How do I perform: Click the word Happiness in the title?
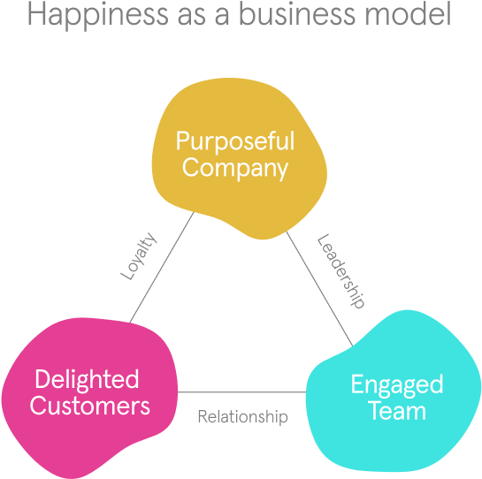(98, 15)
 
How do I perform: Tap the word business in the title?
(297, 13)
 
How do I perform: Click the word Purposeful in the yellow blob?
(235, 141)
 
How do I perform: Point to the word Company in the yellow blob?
(235, 169)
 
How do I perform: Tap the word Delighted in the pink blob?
(87, 380)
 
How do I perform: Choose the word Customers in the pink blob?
(89, 406)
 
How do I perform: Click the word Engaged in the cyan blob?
(397, 385)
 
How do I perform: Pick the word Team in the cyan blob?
(397, 411)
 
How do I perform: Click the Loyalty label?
(139, 256)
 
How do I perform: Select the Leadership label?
(340, 271)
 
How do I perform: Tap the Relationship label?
(243, 417)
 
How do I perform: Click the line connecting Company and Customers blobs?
(162, 267)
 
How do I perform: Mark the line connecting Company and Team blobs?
(319, 289)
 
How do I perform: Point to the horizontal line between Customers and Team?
(242, 392)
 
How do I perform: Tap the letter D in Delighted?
(42, 379)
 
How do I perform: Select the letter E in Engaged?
(357, 384)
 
